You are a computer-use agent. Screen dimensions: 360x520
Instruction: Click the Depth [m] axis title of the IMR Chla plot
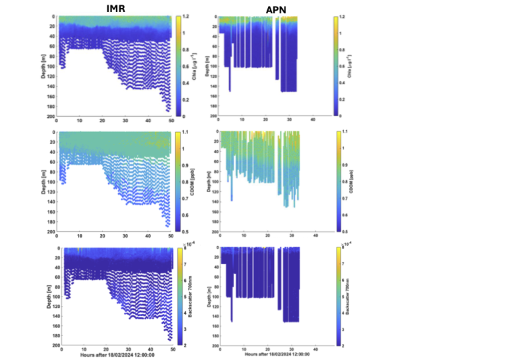point(45,65)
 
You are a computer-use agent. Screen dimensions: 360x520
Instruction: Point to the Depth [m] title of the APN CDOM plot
point(207,181)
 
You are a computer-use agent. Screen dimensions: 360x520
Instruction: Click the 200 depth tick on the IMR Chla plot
point(51,116)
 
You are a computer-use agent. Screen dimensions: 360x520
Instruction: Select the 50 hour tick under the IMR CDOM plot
point(170,236)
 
